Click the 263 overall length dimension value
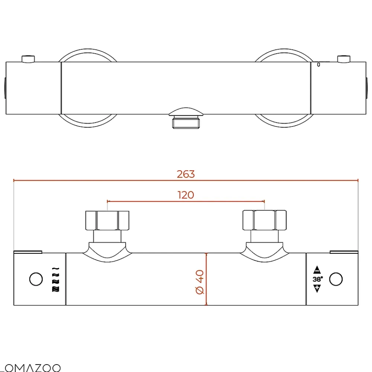(x=186, y=174)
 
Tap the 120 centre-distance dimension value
(x=186, y=195)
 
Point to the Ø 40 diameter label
(x=200, y=282)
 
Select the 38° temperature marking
(x=318, y=279)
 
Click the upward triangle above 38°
(x=317, y=270)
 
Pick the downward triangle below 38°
(x=317, y=289)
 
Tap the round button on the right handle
(x=336, y=279)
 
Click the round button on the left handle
(x=36, y=279)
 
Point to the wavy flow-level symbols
(x=55, y=279)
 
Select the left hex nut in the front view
(x=107, y=220)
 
